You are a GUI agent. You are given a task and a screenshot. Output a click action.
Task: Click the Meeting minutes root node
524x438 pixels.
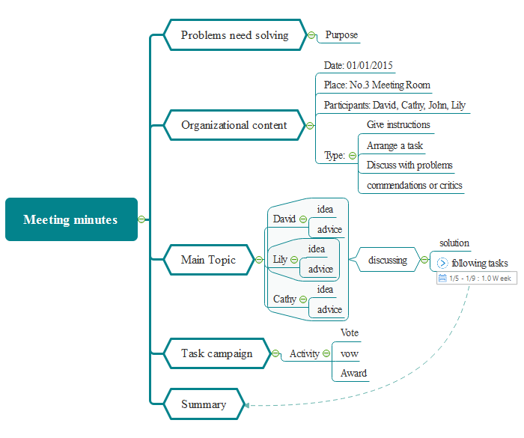(71, 219)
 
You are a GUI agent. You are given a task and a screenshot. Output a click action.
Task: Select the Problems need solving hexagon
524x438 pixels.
(234, 35)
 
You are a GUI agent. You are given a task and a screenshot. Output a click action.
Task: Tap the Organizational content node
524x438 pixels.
(234, 125)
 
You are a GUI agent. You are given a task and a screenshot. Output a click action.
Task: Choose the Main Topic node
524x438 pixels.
(208, 260)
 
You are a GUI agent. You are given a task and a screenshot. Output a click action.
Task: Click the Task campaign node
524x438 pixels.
(216, 353)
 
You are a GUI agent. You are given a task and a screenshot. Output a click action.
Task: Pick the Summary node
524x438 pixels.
(204, 404)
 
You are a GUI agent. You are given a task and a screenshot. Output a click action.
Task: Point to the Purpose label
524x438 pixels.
(341, 35)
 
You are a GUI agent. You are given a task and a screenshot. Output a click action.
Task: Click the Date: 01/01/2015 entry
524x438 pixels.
(359, 66)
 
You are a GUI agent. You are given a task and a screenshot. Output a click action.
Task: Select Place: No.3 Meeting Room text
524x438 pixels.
(377, 85)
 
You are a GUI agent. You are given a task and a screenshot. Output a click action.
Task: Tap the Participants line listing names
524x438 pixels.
(394, 105)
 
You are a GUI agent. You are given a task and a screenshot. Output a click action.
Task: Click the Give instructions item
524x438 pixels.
(398, 124)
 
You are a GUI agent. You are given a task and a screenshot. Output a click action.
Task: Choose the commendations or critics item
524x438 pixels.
(414, 185)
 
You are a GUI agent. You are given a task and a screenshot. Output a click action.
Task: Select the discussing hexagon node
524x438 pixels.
(388, 260)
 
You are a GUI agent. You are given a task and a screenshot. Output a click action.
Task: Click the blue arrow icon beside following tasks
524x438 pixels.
(442, 263)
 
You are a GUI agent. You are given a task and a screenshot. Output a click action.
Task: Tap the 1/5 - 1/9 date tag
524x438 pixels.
(476, 279)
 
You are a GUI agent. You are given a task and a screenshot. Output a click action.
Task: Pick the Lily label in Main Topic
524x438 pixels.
(280, 260)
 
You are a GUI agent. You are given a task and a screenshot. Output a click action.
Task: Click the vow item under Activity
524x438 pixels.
(349, 353)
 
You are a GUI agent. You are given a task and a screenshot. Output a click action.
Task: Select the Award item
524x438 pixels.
(353, 373)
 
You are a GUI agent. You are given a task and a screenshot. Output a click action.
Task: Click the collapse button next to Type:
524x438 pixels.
(353, 156)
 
